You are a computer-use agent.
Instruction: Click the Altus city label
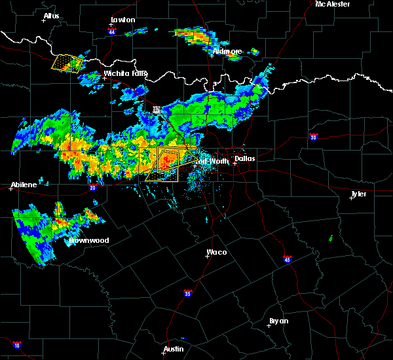[51, 16]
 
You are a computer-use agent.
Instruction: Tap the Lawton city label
[122, 20]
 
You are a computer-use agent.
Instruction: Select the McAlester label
[332, 4]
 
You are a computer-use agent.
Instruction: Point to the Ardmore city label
[227, 51]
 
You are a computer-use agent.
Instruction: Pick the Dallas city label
[245, 158]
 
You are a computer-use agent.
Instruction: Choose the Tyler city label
[358, 194]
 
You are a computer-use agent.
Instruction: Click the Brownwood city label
[89, 240]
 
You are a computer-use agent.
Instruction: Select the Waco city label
[216, 252]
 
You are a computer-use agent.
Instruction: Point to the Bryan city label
[279, 321]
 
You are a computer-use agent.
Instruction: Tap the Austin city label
[173, 349]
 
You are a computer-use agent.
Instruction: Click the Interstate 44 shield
[113, 31]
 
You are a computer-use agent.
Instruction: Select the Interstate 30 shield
[314, 137]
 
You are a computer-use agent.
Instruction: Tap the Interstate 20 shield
[92, 187]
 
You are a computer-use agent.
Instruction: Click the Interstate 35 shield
[188, 293]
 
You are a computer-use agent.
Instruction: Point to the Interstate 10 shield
[16, 344]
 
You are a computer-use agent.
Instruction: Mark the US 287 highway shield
[157, 110]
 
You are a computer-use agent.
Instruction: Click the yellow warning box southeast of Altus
[67, 63]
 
